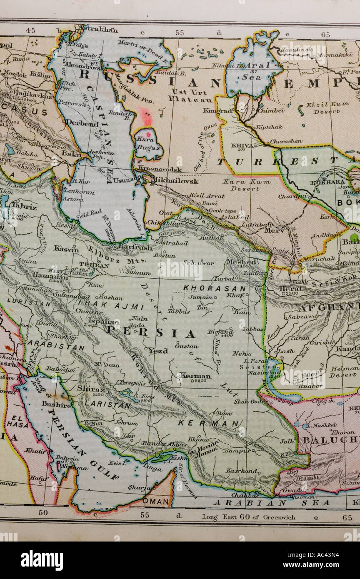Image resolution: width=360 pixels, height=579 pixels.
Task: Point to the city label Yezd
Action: (x=158, y=351)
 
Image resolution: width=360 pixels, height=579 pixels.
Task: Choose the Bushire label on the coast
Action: (x=56, y=404)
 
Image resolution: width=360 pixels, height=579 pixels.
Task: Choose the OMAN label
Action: (x=156, y=502)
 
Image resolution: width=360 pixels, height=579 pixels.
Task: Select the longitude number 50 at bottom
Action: (x=43, y=512)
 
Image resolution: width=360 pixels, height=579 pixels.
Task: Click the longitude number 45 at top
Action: (x=30, y=30)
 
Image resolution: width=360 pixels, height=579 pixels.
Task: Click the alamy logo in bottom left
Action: (x=42, y=560)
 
